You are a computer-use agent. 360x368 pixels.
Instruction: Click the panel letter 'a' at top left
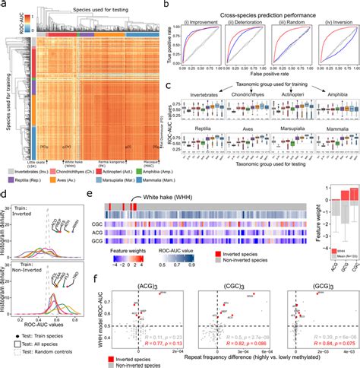click(x=4, y=5)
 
